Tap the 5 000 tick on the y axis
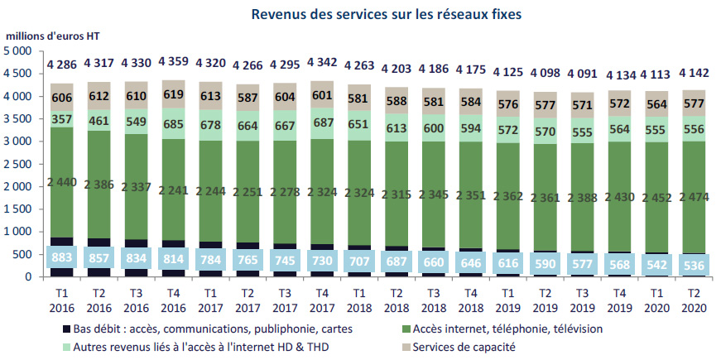tap(18, 51)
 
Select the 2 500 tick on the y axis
tap(18, 164)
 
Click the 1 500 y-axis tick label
tap(18, 209)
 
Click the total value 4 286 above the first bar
tap(62, 64)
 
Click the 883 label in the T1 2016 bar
tap(62, 257)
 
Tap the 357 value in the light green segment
tap(62, 118)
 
